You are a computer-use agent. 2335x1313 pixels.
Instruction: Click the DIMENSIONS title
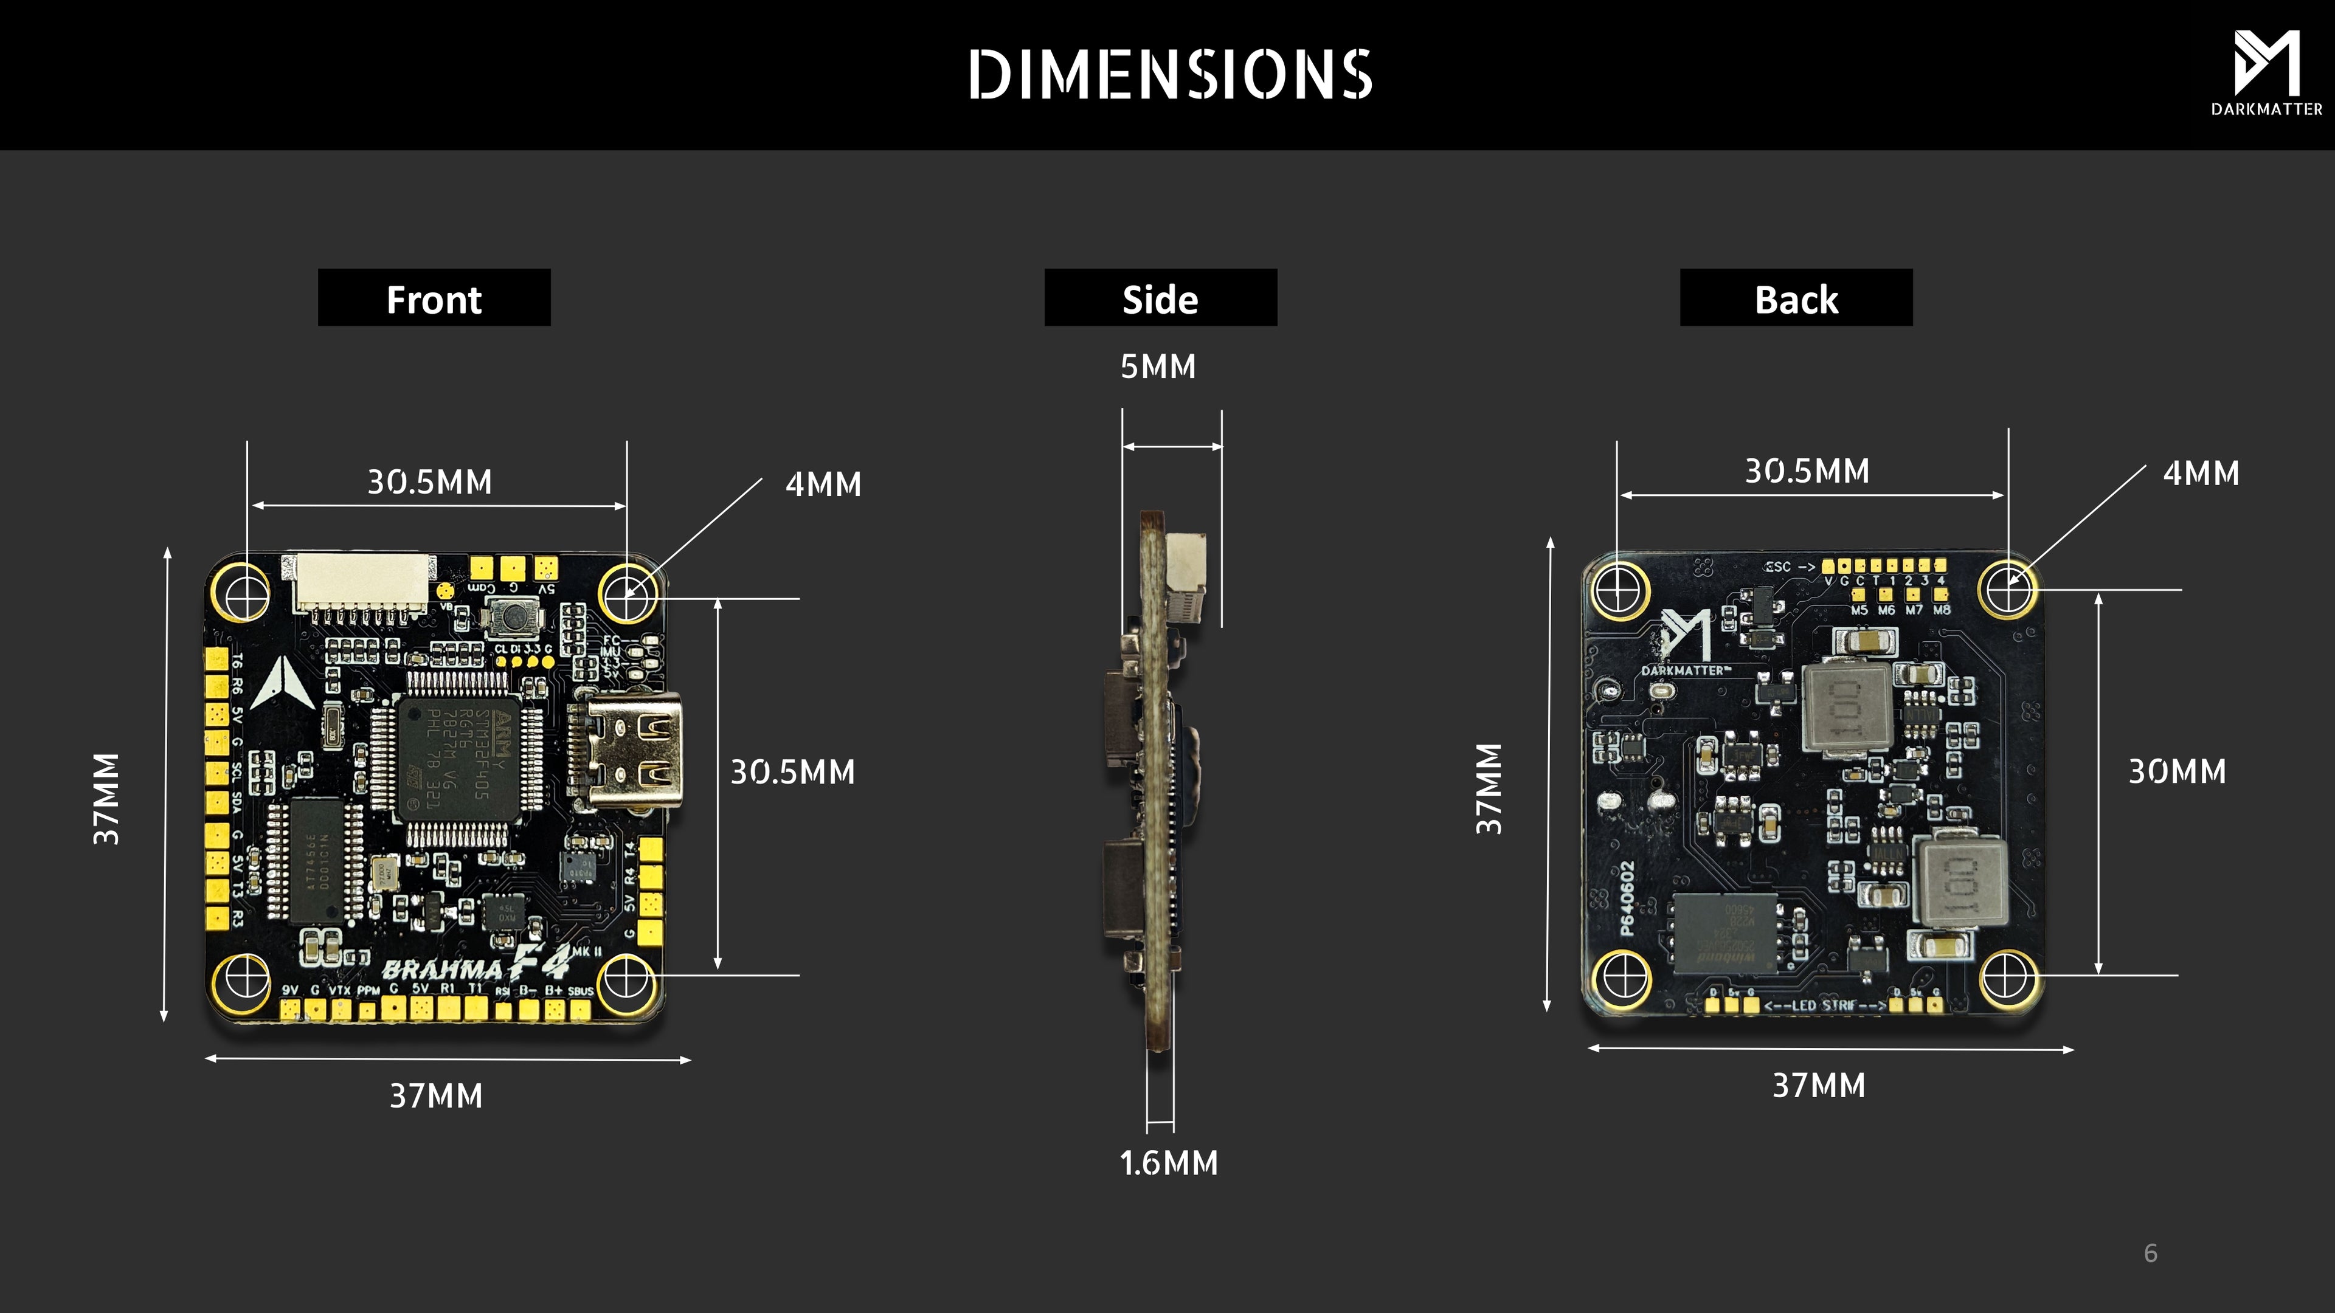(x=1169, y=74)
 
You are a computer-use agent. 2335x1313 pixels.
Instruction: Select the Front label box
(x=434, y=298)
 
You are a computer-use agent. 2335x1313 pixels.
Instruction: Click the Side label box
(x=1160, y=298)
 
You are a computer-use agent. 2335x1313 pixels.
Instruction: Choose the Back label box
(x=1796, y=298)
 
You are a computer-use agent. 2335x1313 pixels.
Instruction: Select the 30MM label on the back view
(x=2176, y=772)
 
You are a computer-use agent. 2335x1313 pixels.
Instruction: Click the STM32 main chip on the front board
(x=460, y=759)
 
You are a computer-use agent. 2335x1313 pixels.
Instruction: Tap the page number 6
(x=2150, y=1253)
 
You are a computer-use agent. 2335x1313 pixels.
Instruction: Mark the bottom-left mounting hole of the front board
(x=243, y=977)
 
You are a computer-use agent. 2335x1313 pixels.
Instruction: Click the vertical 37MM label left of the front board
(x=106, y=798)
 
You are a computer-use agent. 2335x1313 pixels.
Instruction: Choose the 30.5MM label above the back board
(x=1807, y=471)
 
